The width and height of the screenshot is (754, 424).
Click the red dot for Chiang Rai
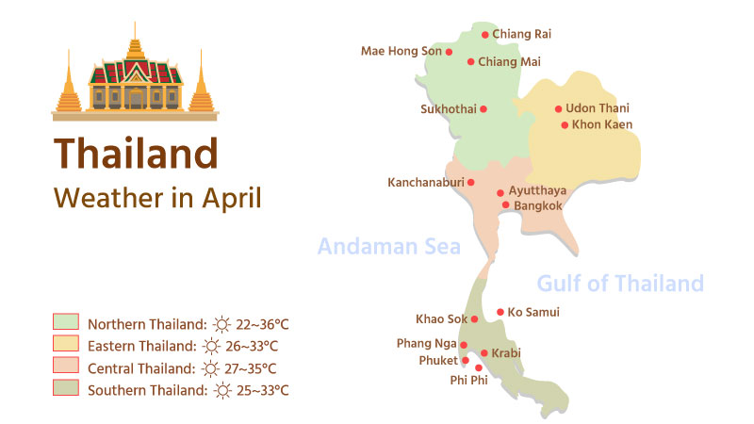click(x=485, y=35)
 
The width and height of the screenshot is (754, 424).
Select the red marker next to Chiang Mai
click(x=471, y=62)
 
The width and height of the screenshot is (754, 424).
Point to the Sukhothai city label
click(x=448, y=109)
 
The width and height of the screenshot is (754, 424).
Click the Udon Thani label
click(x=598, y=109)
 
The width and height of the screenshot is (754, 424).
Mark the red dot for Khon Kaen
click(x=565, y=124)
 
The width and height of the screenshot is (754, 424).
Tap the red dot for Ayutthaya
click(x=500, y=192)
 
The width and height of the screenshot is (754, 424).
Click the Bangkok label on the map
click(x=538, y=205)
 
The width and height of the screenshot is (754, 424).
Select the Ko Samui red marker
click(x=500, y=312)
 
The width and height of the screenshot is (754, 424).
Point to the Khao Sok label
click(x=441, y=319)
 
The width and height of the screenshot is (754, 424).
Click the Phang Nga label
click(x=426, y=344)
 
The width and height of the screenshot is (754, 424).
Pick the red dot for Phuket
click(x=466, y=360)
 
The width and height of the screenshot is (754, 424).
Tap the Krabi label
click(x=506, y=353)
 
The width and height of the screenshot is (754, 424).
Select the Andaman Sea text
click(x=388, y=247)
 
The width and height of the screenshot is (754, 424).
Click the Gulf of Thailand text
click(x=619, y=283)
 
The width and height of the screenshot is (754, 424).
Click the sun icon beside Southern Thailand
click(x=222, y=390)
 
